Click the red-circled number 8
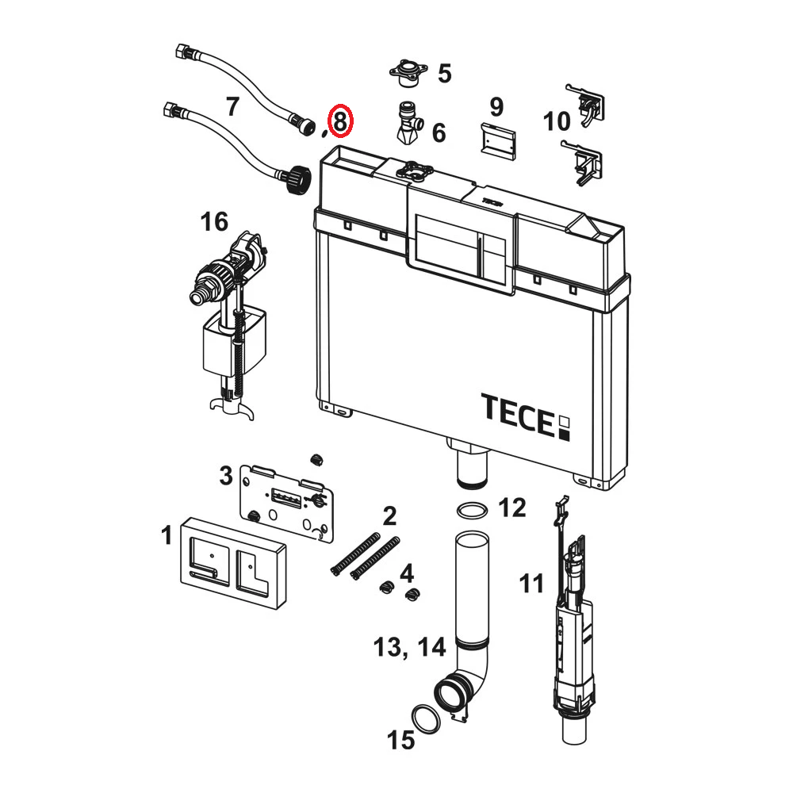[340, 121]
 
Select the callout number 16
[214, 221]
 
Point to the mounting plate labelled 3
[286, 503]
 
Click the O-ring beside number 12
[473, 510]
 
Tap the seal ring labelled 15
[426, 719]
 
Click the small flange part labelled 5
[408, 72]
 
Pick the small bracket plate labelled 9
[498, 141]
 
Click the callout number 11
[531, 584]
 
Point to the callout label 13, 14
[410, 647]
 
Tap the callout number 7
[232, 107]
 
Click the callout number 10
[557, 121]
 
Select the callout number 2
[389, 516]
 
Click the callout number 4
[407, 573]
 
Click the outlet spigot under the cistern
[472, 463]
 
